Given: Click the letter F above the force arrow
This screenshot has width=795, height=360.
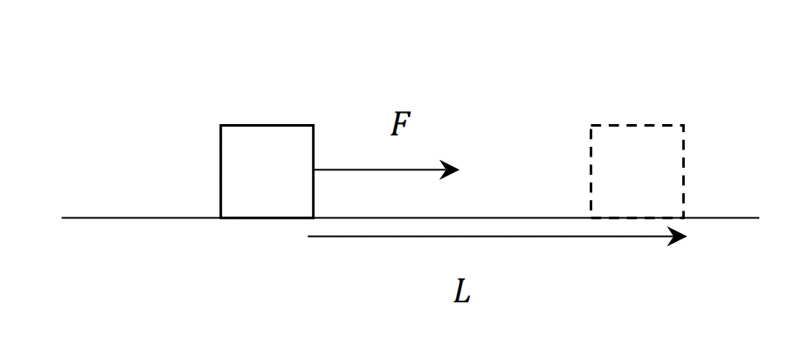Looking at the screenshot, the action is [400, 125].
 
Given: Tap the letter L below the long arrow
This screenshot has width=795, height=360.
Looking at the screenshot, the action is [462, 292].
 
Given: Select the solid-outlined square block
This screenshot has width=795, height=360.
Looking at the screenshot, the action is [266, 171].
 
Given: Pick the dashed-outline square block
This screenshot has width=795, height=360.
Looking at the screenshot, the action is [637, 171].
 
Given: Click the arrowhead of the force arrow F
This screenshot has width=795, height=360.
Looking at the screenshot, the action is [452, 170].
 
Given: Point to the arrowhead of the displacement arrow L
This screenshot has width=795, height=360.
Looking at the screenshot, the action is [679, 236].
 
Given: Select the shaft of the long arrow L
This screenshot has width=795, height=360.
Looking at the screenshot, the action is [489, 236].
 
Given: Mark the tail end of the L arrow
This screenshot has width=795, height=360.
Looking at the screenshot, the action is [309, 236].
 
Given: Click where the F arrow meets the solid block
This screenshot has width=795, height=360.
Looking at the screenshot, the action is [314, 170].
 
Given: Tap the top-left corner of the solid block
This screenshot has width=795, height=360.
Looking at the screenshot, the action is [221, 126].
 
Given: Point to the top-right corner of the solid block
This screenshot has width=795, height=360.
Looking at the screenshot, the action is [313, 126].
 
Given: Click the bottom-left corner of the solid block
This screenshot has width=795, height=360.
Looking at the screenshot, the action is [221, 217].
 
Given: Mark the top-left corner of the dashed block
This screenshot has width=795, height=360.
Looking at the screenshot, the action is [591, 126].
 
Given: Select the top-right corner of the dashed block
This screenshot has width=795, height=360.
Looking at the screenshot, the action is [683, 126].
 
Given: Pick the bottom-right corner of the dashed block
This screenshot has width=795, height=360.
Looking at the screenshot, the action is [683, 217].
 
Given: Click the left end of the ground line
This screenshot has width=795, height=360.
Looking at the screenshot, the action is [63, 218].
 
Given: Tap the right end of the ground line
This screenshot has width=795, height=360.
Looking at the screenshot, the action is [758, 218].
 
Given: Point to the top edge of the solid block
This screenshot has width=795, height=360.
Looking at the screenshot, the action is [266, 126].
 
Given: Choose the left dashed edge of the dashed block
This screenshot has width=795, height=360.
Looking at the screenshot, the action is [591, 171].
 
